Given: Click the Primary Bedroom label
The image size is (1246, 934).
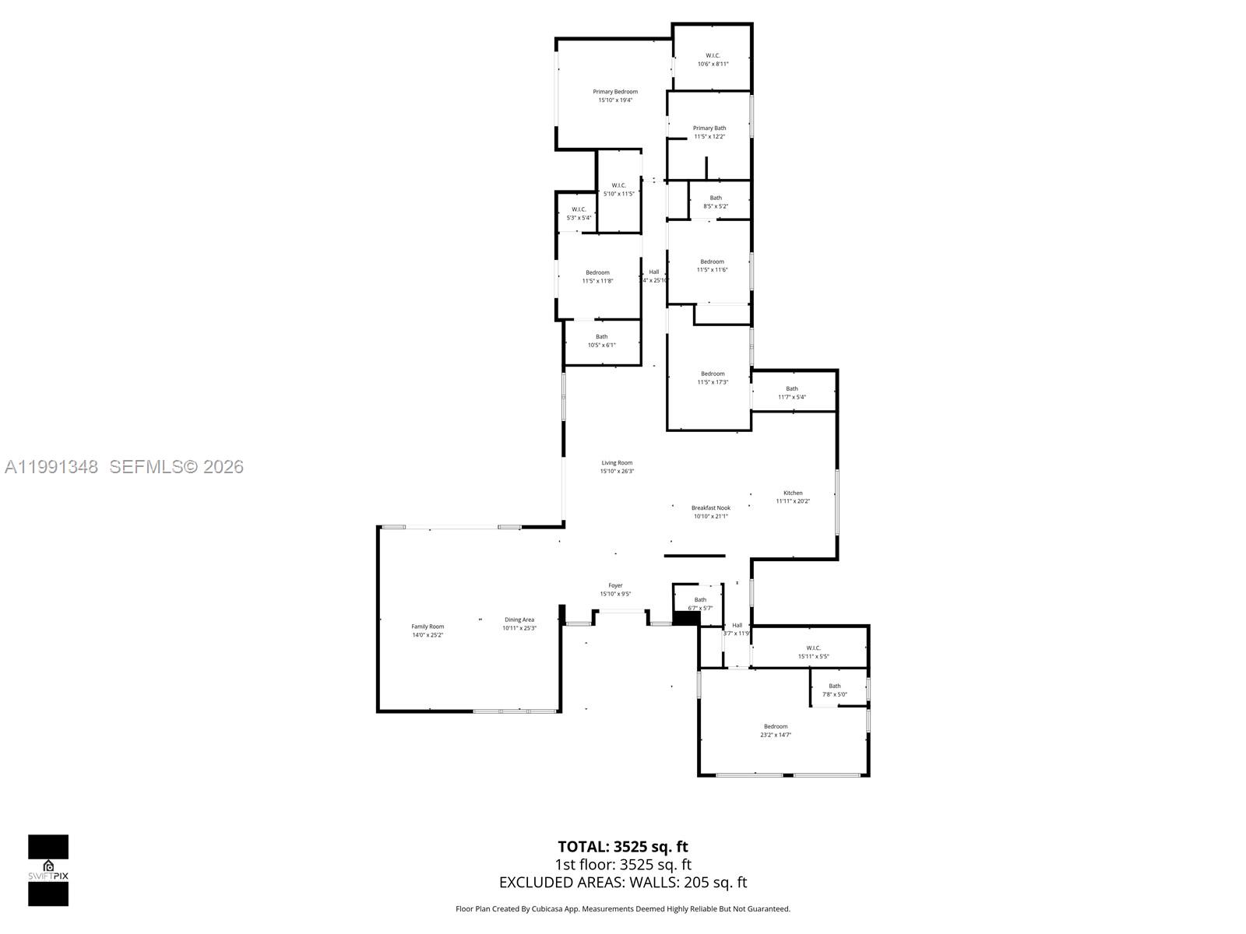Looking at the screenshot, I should [615, 93].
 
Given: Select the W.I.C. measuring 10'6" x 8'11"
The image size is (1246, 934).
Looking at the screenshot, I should [713, 56].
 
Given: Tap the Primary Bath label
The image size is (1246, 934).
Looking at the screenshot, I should [709, 128].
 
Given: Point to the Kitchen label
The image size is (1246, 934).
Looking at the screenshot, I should [793, 493].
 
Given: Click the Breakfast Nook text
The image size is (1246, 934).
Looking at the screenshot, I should [710, 508].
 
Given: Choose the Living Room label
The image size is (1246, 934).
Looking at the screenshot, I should [617, 463].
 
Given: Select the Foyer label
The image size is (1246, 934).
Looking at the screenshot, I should [615, 586].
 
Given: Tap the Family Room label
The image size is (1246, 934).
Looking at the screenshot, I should [428, 627].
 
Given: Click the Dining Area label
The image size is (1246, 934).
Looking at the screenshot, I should [519, 620].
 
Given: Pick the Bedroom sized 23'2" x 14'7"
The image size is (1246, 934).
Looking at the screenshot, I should [776, 727].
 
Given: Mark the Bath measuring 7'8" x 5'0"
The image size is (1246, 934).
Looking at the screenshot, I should [835, 686].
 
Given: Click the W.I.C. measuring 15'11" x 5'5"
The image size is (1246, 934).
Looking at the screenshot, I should [813, 648].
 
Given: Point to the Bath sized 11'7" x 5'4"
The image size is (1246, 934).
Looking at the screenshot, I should [791, 389].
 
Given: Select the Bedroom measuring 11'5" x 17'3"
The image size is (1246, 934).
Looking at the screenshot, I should [713, 374].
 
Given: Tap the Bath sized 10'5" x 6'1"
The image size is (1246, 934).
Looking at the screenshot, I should [602, 337].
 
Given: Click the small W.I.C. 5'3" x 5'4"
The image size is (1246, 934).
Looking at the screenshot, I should [579, 209].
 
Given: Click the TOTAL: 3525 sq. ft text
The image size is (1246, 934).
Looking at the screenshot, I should [623, 847].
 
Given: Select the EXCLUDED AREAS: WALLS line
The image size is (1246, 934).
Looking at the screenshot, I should [623, 883].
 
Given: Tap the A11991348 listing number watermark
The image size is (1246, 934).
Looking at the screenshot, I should [51, 467].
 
